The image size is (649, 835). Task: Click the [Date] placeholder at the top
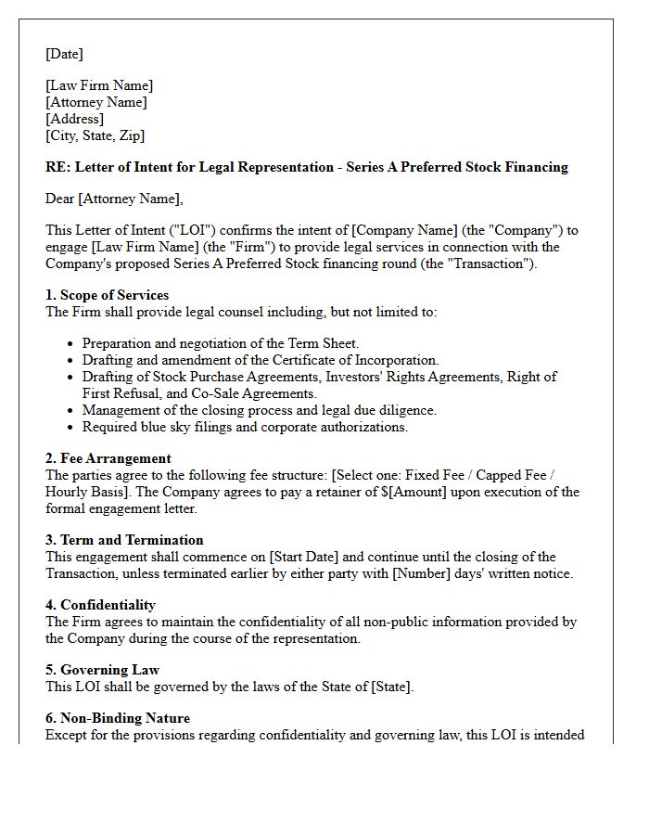pos(64,54)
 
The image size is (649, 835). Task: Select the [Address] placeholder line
pos(74,119)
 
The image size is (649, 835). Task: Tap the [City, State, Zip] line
pos(95,135)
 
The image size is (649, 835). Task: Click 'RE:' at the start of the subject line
pos(57,167)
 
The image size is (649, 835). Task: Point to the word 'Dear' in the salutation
pos(61,198)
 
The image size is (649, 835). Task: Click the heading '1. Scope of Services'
pos(107,295)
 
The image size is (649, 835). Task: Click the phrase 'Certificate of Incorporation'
pos(355,360)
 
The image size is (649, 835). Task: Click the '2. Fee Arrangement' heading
pos(108,458)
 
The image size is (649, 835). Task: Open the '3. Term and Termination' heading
pos(124,540)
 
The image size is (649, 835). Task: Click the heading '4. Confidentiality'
pos(100,605)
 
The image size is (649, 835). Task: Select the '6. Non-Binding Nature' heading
pos(117,718)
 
